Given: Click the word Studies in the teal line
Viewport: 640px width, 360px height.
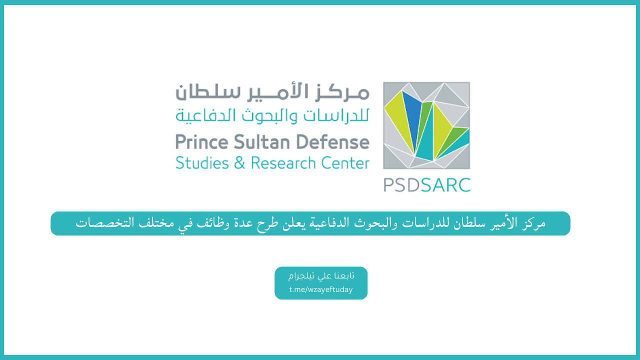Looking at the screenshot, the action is pyautogui.click(x=202, y=163).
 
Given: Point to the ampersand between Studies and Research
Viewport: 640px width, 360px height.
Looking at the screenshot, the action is pyautogui.click(x=239, y=163).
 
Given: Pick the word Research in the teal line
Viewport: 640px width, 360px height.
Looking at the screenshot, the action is pyautogui.click(x=283, y=163).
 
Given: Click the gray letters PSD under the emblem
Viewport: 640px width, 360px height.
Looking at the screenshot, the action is pyautogui.click(x=401, y=185).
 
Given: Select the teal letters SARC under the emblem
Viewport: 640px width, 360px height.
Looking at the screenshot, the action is pyautogui.click(x=445, y=185).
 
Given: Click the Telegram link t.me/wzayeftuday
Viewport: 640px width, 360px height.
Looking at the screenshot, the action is pyautogui.click(x=321, y=289).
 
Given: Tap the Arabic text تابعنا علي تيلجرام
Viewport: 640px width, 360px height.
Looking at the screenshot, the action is pyautogui.click(x=321, y=275).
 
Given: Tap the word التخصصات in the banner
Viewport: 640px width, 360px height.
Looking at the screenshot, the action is pyautogui.click(x=105, y=223).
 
